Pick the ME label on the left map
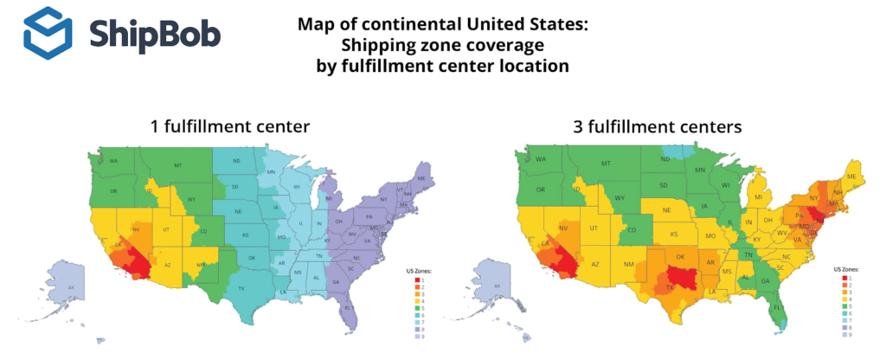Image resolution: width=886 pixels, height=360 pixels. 421,177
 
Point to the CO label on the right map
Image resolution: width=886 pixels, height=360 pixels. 632,230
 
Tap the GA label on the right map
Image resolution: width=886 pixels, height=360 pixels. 765,281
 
